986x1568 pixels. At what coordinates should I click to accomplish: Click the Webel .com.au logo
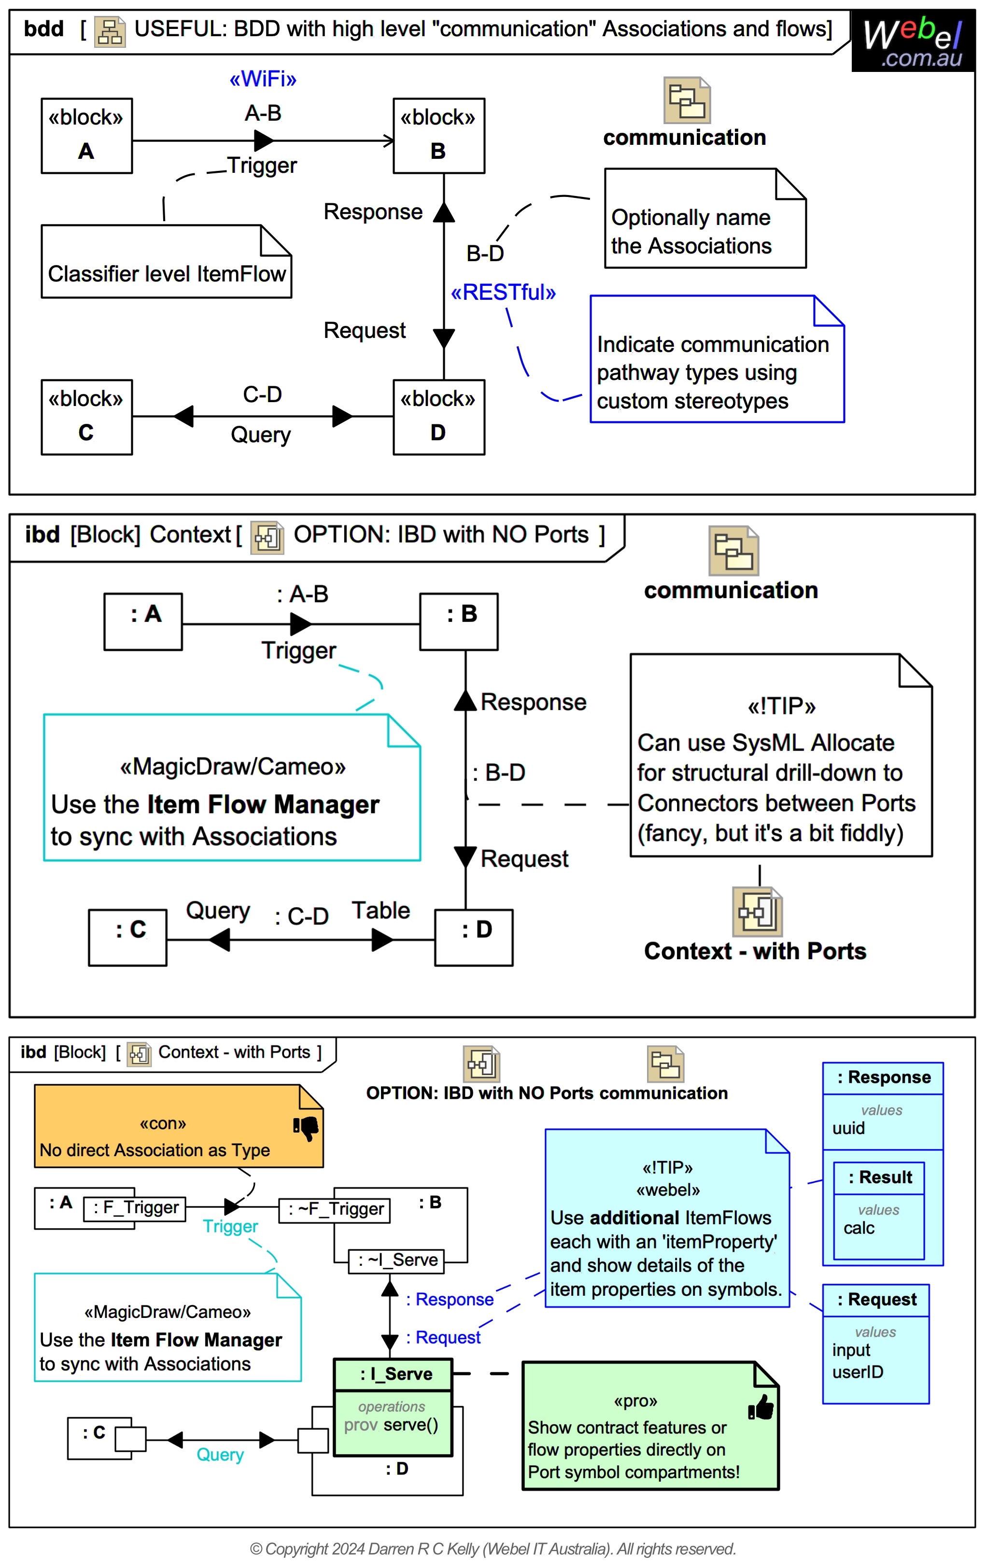(x=913, y=41)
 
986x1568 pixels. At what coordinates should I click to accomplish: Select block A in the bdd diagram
(x=86, y=136)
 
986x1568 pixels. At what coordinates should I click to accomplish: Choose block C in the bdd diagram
(x=86, y=417)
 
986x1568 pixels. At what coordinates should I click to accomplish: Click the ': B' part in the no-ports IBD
(x=459, y=621)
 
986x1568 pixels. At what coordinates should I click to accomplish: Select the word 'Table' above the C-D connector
(x=381, y=910)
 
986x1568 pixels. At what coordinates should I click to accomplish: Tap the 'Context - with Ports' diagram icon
(x=757, y=911)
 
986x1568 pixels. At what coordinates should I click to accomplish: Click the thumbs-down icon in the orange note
(x=306, y=1128)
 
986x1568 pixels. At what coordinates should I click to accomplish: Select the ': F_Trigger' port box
(x=135, y=1208)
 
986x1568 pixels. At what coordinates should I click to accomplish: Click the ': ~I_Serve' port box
(x=396, y=1260)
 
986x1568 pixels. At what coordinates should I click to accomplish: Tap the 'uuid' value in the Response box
(x=848, y=1129)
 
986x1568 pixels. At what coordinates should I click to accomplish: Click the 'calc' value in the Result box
(x=859, y=1228)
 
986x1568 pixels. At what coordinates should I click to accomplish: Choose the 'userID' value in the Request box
(x=857, y=1372)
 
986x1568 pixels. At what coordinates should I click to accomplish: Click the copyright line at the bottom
(x=493, y=1549)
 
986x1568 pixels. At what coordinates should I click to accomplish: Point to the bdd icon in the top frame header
(x=110, y=31)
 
